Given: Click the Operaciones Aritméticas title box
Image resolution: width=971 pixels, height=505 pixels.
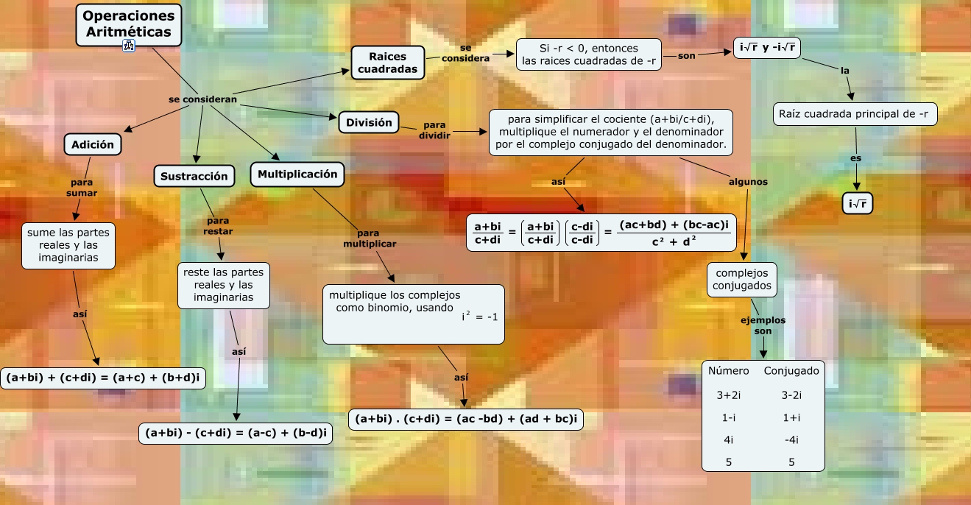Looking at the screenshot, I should pyautogui.click(x=128, y=24).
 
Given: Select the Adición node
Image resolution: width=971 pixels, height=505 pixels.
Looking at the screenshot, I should pyautogui.click(x=93, y=144).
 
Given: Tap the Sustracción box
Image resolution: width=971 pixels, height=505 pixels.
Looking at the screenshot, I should pyautogui.click(x=194, y=177).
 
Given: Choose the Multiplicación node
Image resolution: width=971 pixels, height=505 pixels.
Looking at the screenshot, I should pyautogui.click(x=297, y=174).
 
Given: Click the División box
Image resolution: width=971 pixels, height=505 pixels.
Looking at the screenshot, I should pyautogui.click(x=369, y=123).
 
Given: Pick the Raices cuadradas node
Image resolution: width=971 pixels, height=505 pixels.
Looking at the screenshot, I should pyautogui.click(x=388, y=63).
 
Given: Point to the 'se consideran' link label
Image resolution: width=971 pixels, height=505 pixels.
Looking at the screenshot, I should pyautogui.click(x=202, y=99).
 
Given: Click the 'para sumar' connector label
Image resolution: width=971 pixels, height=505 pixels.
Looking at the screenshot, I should pyautogui.click(x=81, y=188).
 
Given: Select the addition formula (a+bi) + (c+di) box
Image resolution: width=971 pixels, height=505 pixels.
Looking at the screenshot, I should pyautogui.click(x=103, y=378).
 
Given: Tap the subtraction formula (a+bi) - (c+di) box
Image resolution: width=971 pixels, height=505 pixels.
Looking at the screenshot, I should pyautogui.click(x=236, y=434).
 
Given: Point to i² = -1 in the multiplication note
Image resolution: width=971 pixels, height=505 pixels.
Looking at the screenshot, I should pyautogui.click(x=479, y=317).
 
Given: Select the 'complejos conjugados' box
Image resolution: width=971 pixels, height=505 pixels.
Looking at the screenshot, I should pyautogui.click(x=742, y=279).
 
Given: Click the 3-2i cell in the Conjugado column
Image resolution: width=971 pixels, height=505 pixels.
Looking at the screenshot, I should pyautogui.click(x=791, y=395).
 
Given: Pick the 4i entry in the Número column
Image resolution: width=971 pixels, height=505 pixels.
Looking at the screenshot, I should pyautogui.click(x=728, y=439).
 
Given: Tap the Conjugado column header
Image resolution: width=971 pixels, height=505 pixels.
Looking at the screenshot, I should pyautogui.click(x=791, y=371).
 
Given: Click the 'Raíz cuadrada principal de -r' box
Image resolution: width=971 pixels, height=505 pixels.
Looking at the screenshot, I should pyautogui.click(x=856, y=114).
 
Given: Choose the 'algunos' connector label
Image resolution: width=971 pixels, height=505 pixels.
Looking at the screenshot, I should pyautogui.click(x=748, y=182).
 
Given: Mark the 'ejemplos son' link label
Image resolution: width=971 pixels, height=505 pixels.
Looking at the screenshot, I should pyautogui.click(x=763, y=325).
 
